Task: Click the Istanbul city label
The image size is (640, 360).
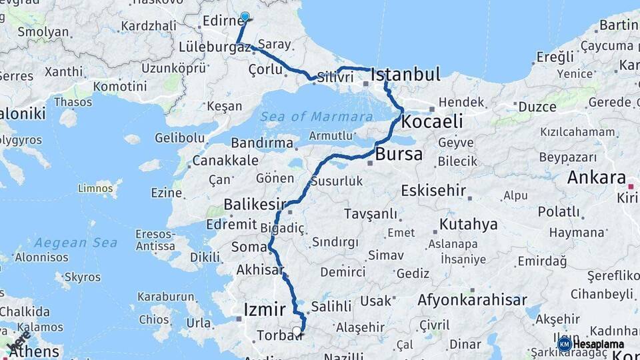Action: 405,74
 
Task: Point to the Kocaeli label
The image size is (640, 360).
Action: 431,121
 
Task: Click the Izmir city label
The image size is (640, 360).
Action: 265,309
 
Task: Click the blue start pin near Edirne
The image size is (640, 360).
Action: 245,17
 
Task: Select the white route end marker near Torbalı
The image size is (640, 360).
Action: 297,331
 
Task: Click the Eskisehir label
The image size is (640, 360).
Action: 433,190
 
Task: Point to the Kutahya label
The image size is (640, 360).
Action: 468,224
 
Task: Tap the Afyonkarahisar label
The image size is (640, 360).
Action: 472,300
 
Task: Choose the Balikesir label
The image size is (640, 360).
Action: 255,203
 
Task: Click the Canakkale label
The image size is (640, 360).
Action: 225,161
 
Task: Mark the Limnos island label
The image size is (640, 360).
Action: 95,189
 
